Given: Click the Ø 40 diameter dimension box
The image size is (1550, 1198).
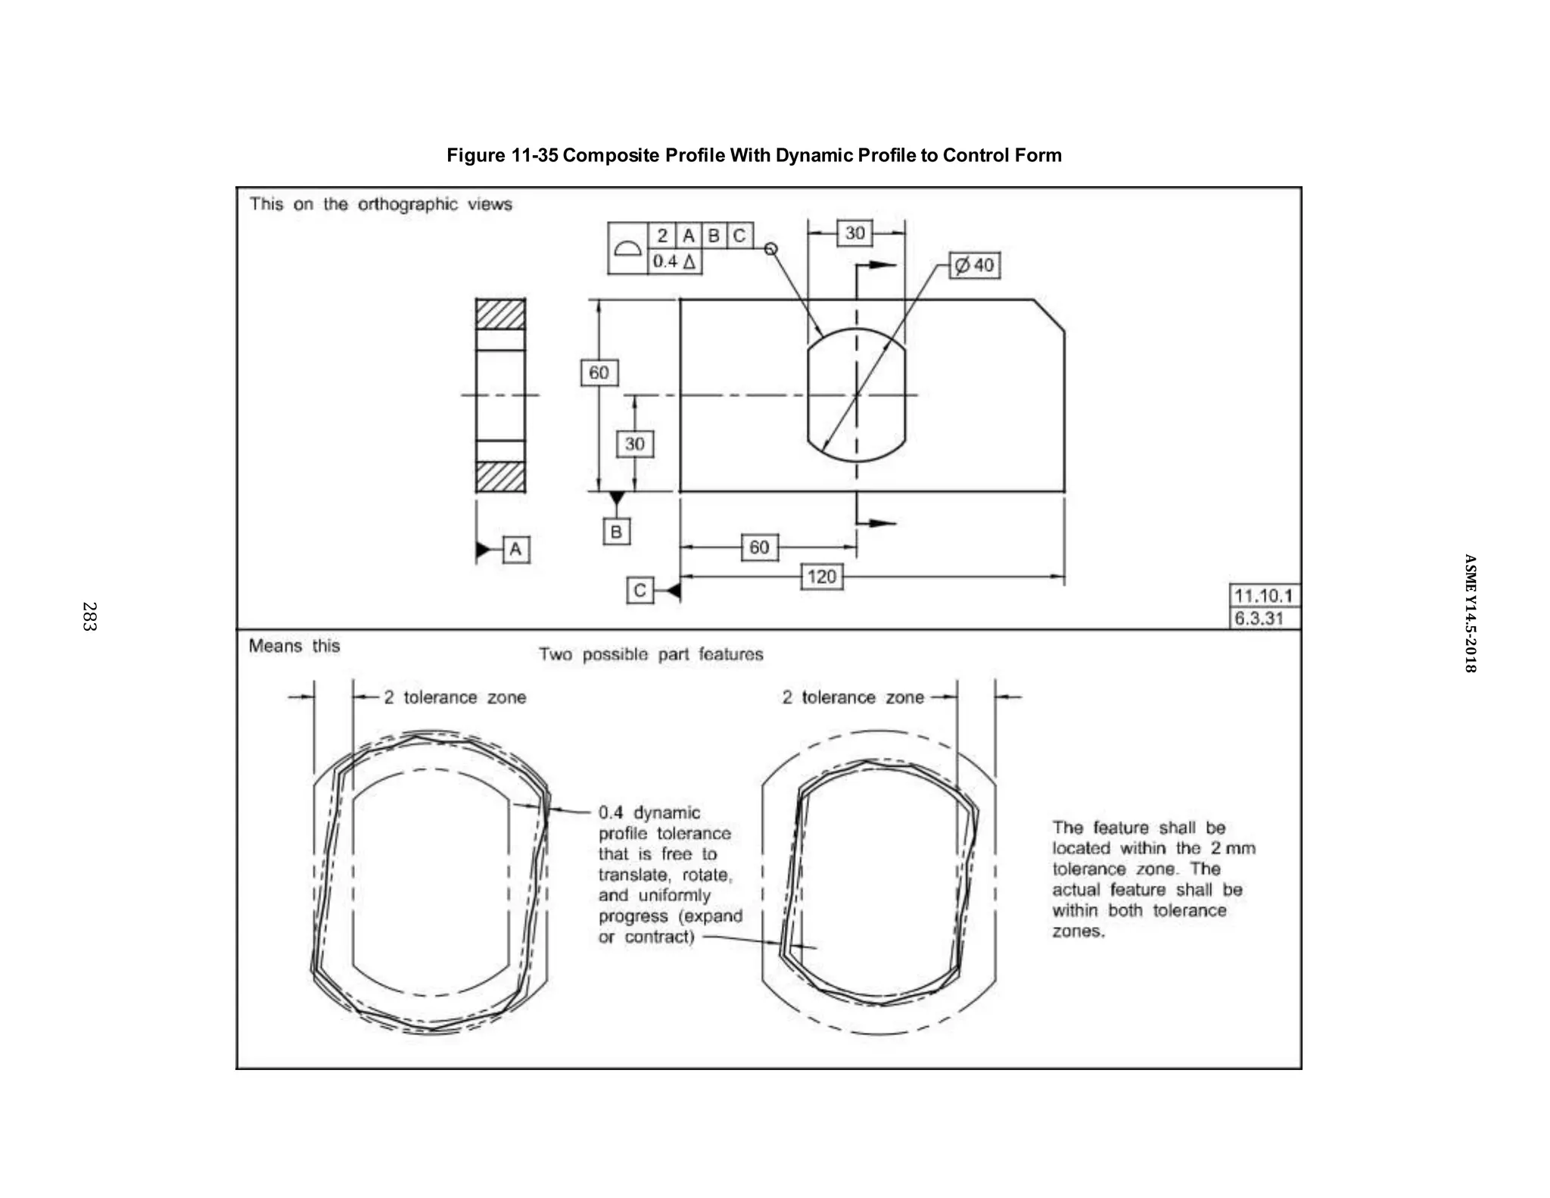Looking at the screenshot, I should pos(975,266).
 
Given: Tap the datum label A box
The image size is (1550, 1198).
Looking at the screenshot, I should pos(515,549).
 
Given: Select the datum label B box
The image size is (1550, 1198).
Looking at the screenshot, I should pos(616,532).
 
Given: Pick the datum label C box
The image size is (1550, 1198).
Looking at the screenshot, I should pos(640,590).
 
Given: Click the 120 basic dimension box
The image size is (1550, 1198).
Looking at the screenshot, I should pos(821,577).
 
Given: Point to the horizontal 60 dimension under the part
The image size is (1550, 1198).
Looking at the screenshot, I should pos(759,547).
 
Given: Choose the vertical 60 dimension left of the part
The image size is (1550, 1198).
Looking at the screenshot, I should pos(599,373).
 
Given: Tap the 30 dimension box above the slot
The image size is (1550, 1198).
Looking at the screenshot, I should pos(854,232).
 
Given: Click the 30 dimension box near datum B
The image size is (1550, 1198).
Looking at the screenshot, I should pos(634,444).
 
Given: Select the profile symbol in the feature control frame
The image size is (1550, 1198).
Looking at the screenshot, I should pos(627,248).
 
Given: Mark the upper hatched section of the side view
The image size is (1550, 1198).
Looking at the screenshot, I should pos(500,314).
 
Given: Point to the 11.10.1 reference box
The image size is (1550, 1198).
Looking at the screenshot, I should pos(1264,595).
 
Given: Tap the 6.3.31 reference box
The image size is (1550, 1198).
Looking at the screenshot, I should pos(1259,618).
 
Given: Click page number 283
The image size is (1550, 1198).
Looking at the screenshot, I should pos(89,616).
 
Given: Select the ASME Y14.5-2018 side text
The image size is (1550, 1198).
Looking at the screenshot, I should pos(1469,613).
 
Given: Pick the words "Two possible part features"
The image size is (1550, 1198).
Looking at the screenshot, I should pos(651,654).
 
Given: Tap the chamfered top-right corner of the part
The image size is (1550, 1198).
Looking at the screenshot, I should pos(1049,315).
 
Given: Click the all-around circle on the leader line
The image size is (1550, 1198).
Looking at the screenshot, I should pos(770,248).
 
